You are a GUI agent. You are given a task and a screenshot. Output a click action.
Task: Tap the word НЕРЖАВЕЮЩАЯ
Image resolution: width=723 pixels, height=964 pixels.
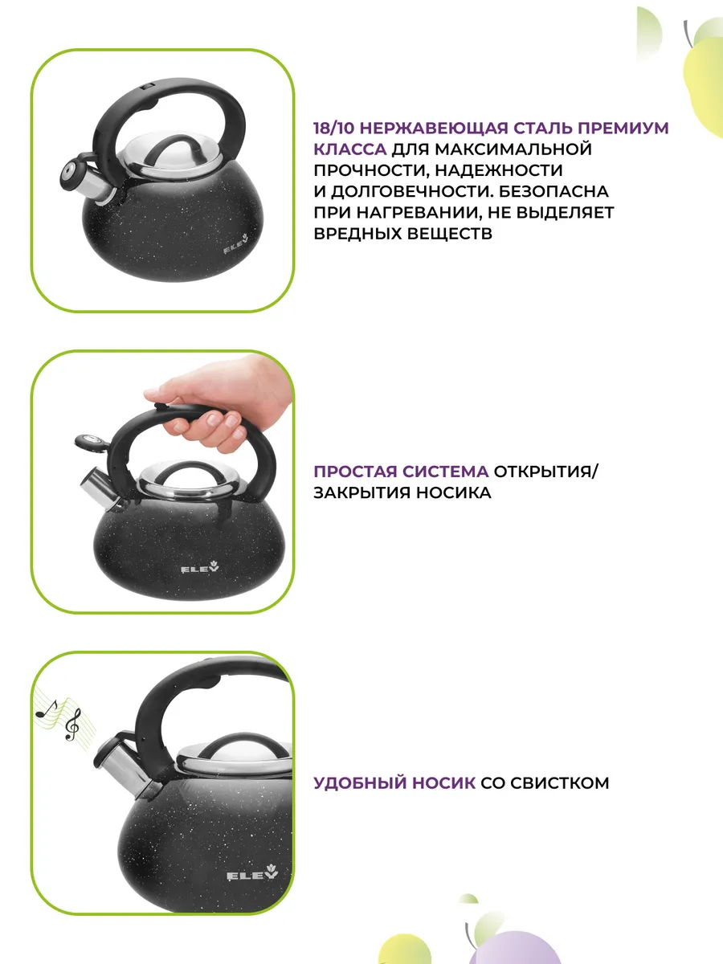point(434,129)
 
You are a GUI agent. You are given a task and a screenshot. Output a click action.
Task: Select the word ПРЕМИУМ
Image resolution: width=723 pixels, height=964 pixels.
point(623,129)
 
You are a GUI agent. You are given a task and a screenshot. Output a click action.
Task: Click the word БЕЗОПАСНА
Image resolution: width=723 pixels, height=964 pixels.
point(554,191)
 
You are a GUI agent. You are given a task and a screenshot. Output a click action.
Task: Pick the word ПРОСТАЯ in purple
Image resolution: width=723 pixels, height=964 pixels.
point(355,472)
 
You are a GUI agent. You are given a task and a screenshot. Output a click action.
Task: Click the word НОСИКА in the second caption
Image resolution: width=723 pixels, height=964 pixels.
point(453,492)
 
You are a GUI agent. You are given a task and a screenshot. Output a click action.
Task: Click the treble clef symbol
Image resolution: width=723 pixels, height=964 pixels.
point(72,725)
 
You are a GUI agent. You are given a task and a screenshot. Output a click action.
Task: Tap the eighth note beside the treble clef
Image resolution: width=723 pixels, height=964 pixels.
point(47,709)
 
